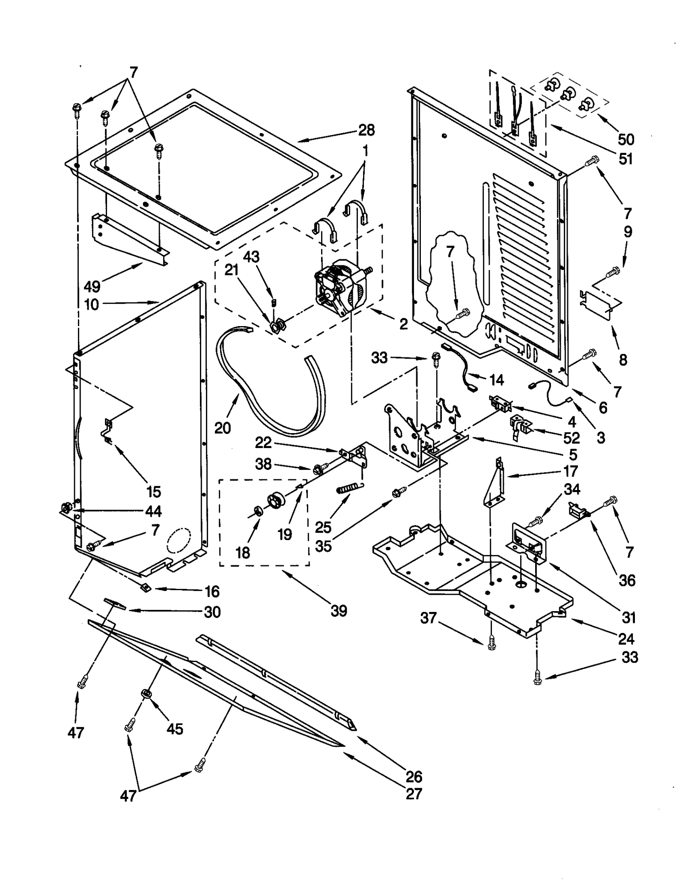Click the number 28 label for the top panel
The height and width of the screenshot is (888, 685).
click(x=366, y=130)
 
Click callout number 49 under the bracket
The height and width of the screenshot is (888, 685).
click(x=92, y=286)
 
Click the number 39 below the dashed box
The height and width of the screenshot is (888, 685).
click(x=339, y=611)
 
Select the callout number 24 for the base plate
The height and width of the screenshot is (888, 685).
click(x=626, y=639)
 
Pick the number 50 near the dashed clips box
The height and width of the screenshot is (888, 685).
click(x=626, y=139)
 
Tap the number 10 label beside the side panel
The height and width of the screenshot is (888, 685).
click(x=92, y=305)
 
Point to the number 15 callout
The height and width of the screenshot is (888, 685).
click(x=153, y=492)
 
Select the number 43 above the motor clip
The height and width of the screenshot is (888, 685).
click(x=251, y=257)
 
